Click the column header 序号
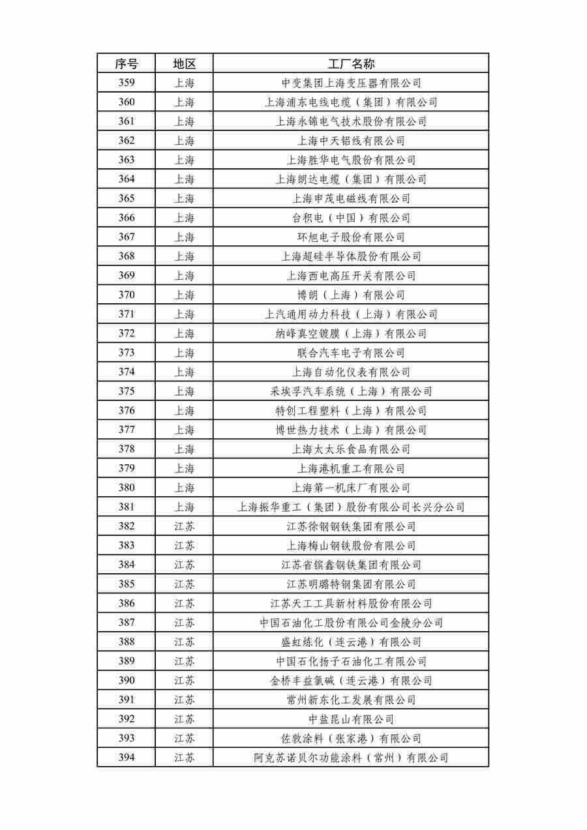(127, 63)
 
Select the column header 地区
(184, 63)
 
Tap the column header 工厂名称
(351, 63)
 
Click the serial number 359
(127, 83)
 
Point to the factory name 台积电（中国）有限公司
(351, 218)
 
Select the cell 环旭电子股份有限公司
(351, 237)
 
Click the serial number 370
(127, 295)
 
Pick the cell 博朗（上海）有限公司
(351, 295)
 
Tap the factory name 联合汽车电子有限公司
(351, 353)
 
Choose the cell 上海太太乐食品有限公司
(351, 449)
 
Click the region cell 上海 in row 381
(184, 507)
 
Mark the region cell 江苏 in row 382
(184, 526)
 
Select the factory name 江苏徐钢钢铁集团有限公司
(351, 526)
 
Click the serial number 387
(127, 623)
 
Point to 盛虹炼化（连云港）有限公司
(351, 642)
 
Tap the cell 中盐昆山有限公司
(351, 719)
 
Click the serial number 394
(127, 758)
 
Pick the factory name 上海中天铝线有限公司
(351, 141)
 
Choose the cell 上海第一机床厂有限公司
(351, 488)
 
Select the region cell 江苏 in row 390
(184, 680)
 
